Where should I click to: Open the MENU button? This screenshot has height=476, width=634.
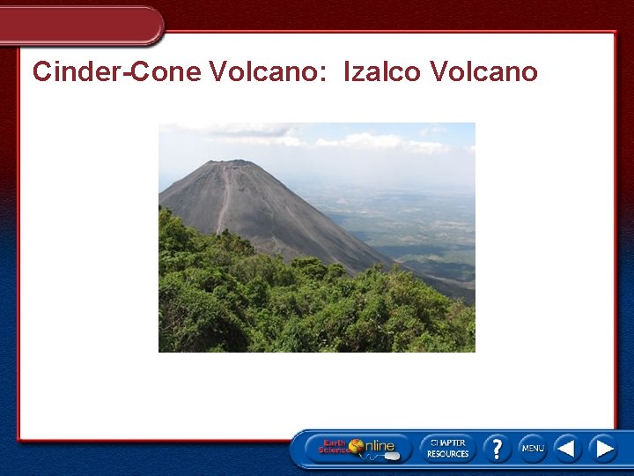[x=532, y=449]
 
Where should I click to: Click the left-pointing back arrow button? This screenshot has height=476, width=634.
[x=567, y=449]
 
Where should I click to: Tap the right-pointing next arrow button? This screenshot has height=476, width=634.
[x=603, y=449]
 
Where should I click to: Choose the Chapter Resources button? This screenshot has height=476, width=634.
[x=447, y=449]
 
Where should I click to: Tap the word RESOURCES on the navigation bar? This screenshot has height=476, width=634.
[x=447, y=455]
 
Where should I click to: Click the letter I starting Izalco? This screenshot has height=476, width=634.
[x=347, y=71]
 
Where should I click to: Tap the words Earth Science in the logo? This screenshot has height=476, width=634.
[x=334, y=447]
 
